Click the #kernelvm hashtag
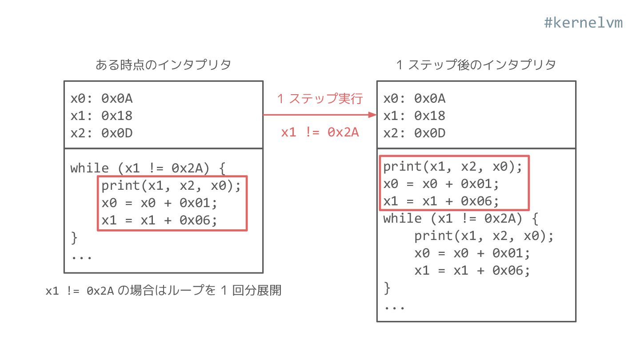[583, 23]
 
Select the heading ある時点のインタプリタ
[163, 65]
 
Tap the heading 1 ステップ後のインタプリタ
[476, 65]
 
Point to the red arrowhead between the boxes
[372, 115]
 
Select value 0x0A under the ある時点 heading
[117, 98]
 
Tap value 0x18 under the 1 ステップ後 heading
[430, 116]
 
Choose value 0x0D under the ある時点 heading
[117, 133]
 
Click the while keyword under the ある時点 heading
[89, 168]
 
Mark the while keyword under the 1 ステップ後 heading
[402, 219]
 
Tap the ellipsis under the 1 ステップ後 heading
[394, 307]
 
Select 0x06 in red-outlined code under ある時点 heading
[202, 220]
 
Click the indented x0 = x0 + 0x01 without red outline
[472, 253]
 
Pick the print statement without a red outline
[484, 236]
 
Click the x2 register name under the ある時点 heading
[78, 133]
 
